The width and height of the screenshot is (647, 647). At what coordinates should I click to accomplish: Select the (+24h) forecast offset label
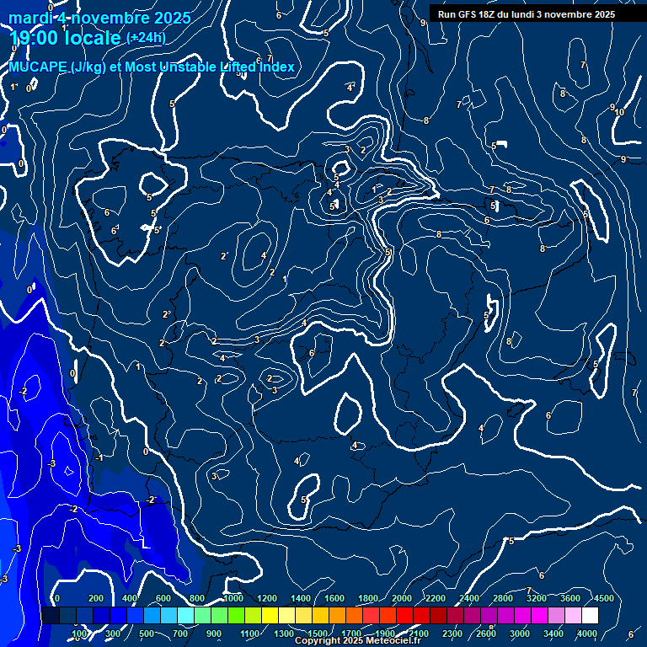click(x=146, y=37)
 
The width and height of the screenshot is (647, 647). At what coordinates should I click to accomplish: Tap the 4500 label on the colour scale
click(x=603, y=598)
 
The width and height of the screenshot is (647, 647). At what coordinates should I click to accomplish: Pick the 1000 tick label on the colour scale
click(x=233, y=598)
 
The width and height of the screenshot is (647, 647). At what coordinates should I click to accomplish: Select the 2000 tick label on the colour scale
click(x=402, y=598)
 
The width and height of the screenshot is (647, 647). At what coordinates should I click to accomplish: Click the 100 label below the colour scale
click(x=80, y=634)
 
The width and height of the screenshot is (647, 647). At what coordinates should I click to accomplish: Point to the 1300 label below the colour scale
click(x=284, y=634)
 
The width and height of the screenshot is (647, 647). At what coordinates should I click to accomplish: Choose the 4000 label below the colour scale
click(x=587, y=634)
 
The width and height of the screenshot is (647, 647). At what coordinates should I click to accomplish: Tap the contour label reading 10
click(x=619, y=112)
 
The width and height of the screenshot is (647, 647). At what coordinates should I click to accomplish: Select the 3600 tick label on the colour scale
click(x=569, y=598)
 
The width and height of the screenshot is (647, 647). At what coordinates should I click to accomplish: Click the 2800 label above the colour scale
click(x=502, y=598)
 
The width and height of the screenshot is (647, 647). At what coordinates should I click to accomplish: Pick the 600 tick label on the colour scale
click(x=164, y=598)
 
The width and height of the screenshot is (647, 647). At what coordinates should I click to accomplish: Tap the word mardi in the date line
click(x=28, y=18)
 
